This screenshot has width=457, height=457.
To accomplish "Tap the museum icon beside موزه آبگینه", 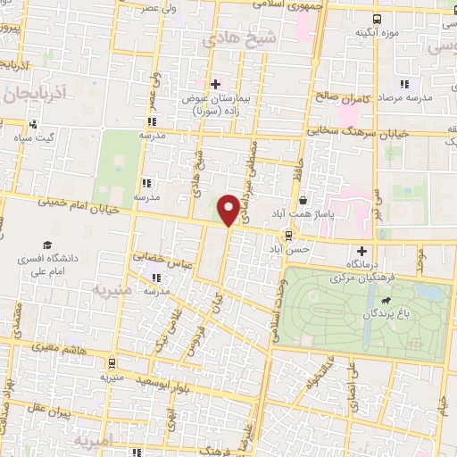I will [x=378, y=18].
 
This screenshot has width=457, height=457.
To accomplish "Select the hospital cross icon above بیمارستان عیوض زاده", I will [x=215, y=84].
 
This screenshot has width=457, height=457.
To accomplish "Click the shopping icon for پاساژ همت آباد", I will [x=306, y=202].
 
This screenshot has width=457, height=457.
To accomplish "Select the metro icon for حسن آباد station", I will [x=287, y=236].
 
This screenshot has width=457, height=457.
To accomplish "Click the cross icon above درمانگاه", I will [x=361, y=252].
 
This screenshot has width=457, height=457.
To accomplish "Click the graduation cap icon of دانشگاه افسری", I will [x=46, y=245].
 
